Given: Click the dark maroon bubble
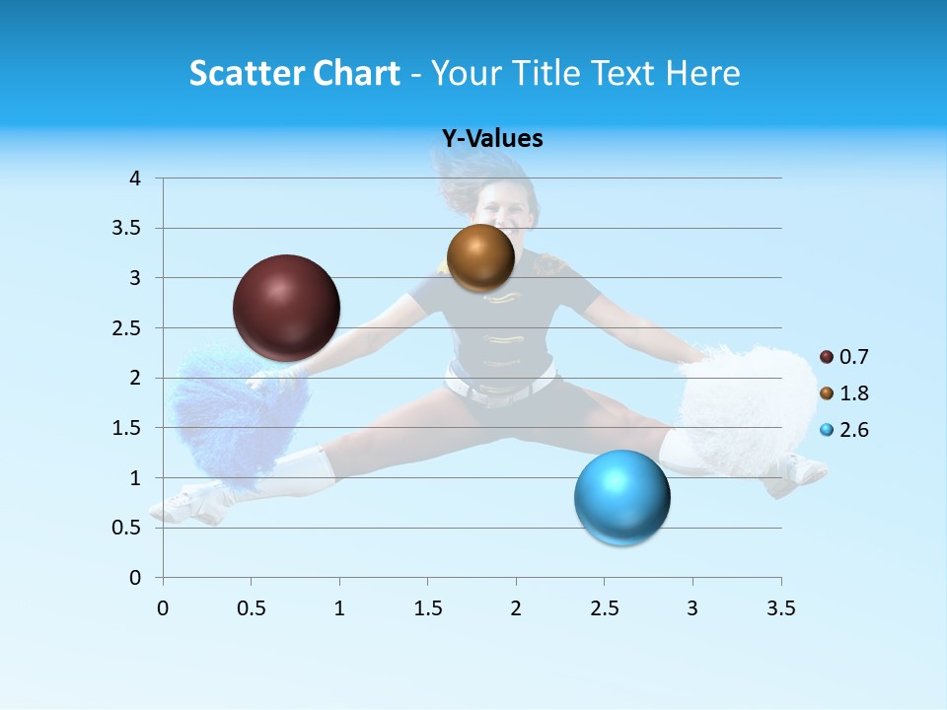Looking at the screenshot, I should (x=286, y=308).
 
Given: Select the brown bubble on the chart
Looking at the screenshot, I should (x=480, y=257).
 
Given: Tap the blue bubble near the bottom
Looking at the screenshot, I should (x=621, y=497).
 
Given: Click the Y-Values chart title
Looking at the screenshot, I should (x=492, y=139).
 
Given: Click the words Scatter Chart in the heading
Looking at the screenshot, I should (x=295, y=73).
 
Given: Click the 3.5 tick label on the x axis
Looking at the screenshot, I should (x=780, y=608).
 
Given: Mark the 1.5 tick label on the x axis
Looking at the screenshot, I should (x=427, y=608).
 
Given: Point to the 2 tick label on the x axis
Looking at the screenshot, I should (x=515, y=608).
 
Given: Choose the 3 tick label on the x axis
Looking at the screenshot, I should (x=692, y=608).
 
